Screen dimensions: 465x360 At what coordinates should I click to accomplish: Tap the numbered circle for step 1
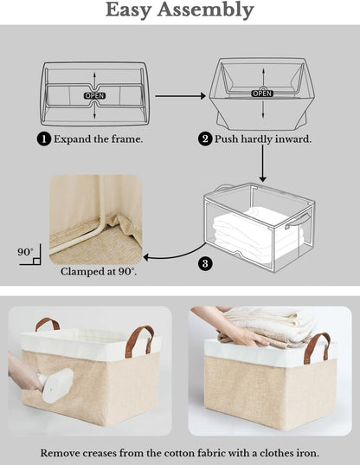43,139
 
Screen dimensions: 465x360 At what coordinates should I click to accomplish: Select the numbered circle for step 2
206,139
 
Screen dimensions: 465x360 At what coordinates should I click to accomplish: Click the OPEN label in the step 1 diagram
94,94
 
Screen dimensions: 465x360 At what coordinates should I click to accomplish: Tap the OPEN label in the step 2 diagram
261,93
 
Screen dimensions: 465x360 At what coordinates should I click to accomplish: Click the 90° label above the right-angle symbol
24,252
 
